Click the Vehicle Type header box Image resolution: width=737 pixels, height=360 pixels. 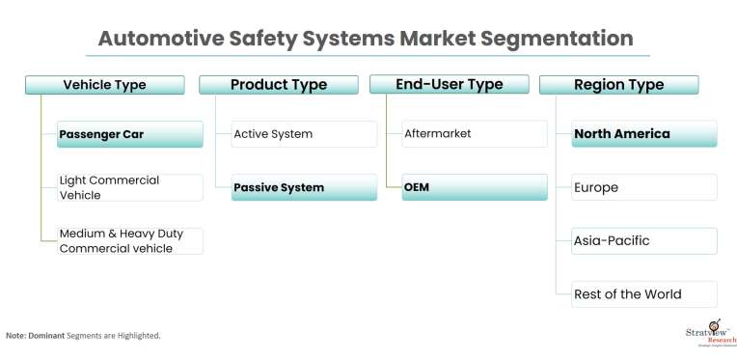coord(104,85)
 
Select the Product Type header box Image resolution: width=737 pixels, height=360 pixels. coord(278,85)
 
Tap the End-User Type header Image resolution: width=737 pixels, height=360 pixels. coord(449,85)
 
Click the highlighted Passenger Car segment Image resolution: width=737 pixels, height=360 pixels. coord(129,134)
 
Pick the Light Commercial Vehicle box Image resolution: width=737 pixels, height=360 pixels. coord(129,187)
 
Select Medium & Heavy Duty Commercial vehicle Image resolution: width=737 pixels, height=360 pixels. coord(129,240)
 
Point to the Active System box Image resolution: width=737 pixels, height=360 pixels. coord(304,134)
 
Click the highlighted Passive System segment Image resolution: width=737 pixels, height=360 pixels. coord(304,187)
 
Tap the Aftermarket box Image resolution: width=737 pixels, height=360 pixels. coord(474,134)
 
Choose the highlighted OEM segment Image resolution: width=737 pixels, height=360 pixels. coord(474,187)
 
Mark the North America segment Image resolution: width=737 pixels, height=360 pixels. coord(643,134)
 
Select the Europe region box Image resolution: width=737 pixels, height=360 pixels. coord(643,187)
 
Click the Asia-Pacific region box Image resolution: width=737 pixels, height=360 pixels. coord(643,240)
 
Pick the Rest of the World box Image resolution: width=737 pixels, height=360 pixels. coord(643,294)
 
